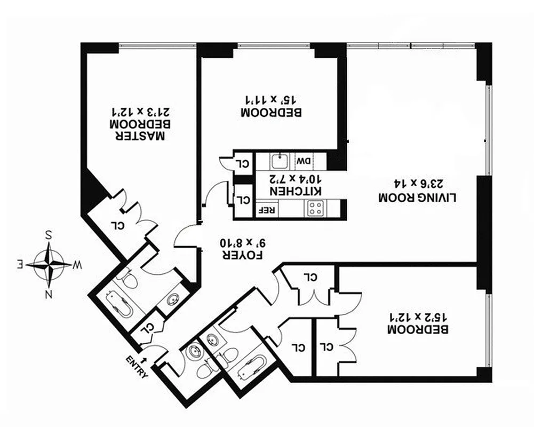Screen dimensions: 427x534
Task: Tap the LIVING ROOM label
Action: pos(418,197)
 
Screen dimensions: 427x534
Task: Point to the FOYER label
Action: pos(240,255)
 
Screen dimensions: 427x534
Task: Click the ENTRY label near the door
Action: pos(138,367)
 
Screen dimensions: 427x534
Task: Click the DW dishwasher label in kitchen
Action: pos(304,161)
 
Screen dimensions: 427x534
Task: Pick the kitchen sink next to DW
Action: pos(279,161)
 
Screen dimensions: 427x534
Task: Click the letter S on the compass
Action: pos(49,235)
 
